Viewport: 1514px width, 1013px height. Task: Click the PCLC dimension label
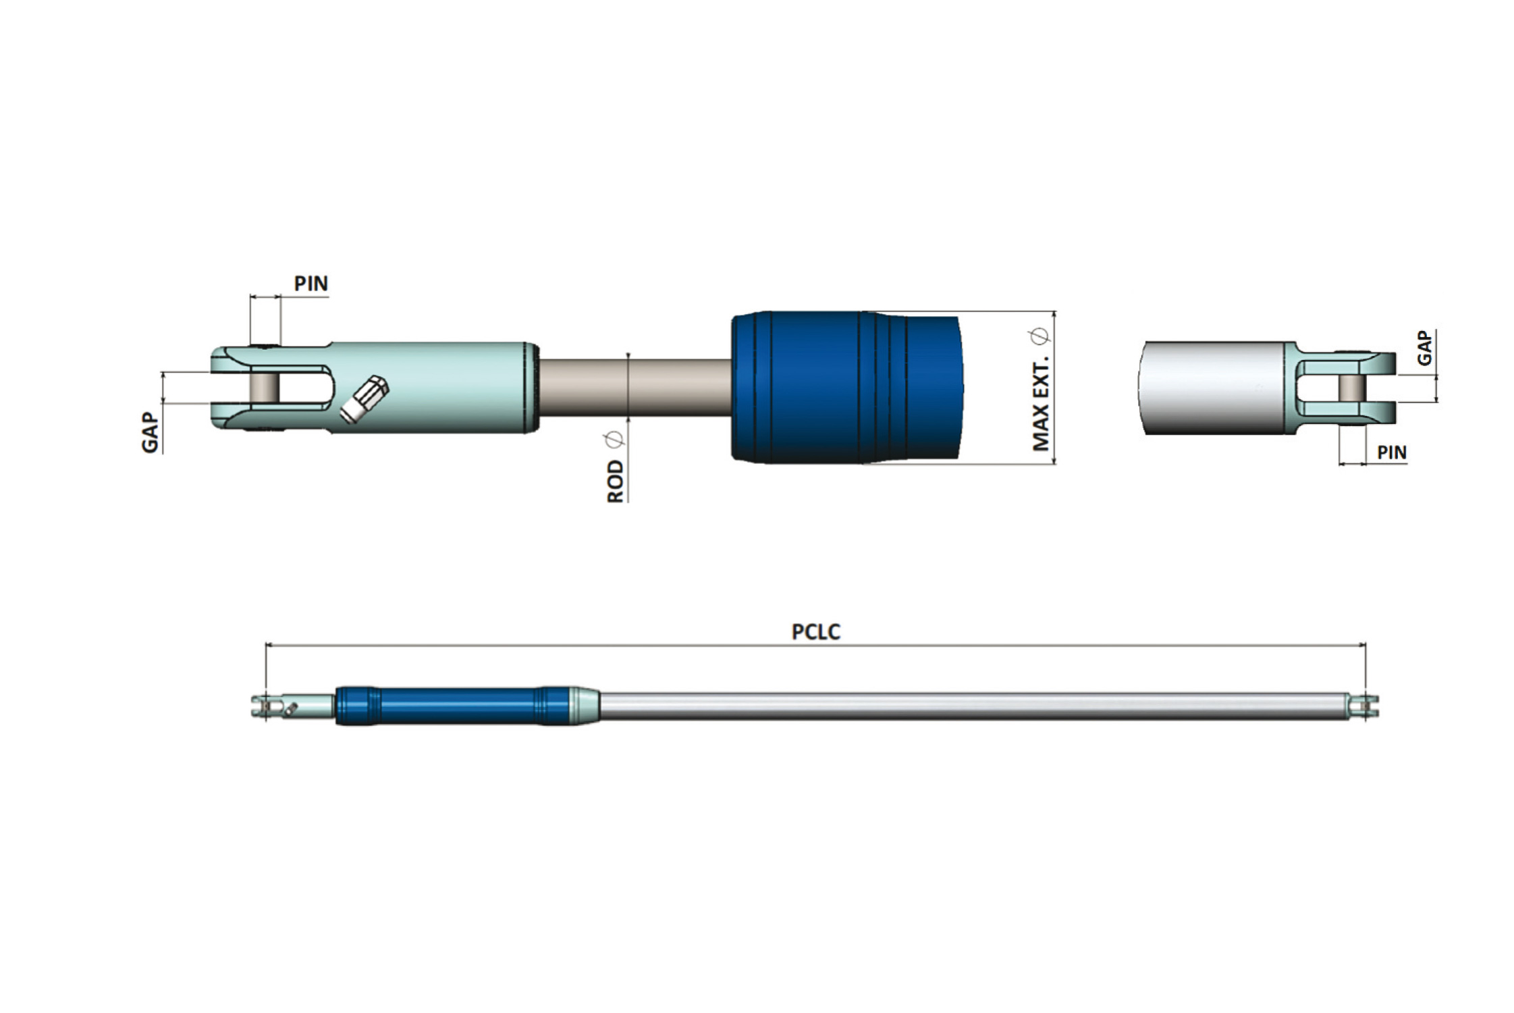815,632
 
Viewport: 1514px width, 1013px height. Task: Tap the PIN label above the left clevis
311,284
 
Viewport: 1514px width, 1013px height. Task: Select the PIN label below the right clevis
1392,452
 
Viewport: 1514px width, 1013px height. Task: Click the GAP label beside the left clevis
150,433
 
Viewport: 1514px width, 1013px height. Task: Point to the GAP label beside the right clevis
1424,348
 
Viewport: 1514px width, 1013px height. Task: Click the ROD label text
616,482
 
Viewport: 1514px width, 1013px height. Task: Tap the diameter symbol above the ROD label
614,441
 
